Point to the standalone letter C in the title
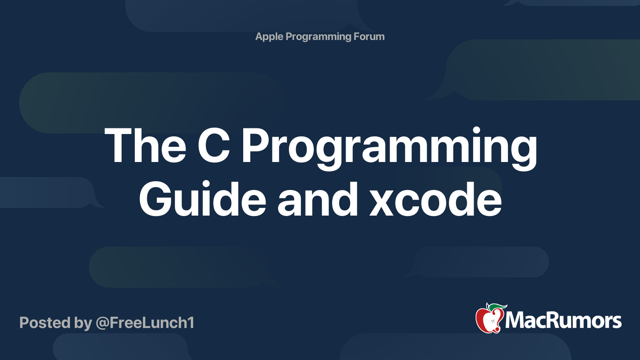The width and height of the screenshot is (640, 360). point(214,145)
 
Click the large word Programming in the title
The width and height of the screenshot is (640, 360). point(390,148)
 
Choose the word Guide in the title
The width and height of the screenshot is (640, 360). point(202,199)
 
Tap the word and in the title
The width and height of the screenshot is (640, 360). point(318,199)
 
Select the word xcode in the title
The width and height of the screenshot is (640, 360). point(436,199)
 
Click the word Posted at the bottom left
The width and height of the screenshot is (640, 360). point(45,322)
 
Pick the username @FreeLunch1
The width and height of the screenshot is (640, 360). point(145,323)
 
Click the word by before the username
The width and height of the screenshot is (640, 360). point(83,323)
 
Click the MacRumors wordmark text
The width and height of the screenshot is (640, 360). point(563,320)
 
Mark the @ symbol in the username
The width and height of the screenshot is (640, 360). point(102,323)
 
